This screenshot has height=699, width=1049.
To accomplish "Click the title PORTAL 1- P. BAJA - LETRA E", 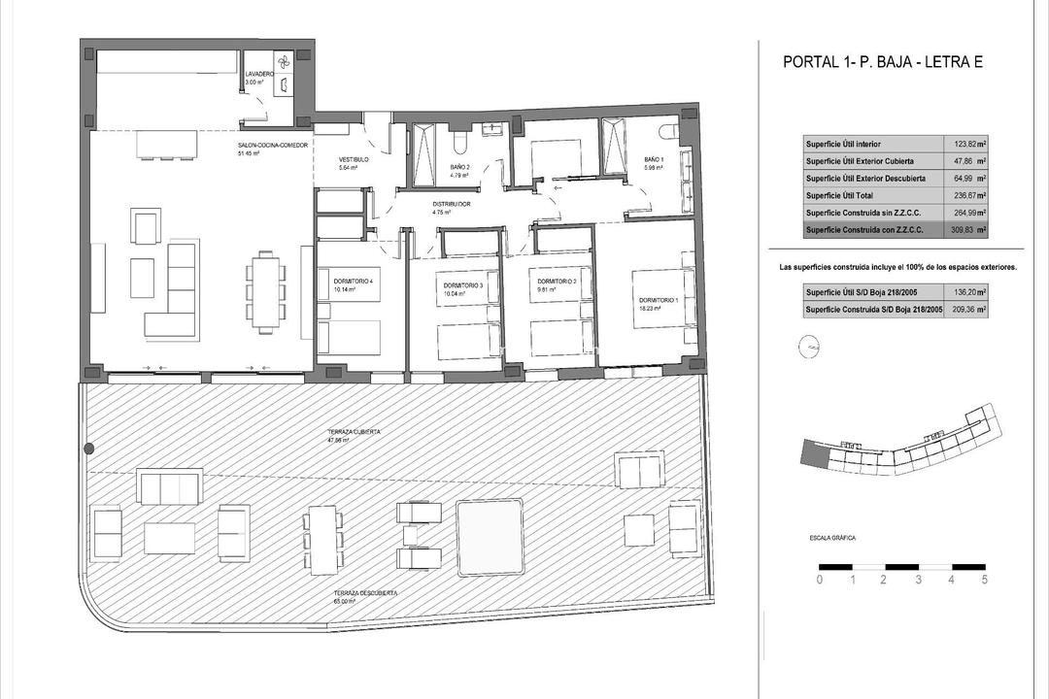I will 883,63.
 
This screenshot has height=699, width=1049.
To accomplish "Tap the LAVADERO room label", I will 259,74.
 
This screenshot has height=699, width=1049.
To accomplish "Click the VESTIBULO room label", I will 352,159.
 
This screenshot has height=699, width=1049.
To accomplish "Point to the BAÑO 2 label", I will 460,167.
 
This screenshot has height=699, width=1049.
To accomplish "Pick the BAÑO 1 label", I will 655,159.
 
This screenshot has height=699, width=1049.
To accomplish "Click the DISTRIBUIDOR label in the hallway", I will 452,204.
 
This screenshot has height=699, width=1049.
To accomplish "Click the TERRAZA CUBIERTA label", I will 354,431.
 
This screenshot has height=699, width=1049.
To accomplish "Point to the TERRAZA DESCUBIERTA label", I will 366,592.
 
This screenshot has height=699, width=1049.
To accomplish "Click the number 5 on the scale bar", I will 985,581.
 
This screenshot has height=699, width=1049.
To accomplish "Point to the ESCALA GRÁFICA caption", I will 833,538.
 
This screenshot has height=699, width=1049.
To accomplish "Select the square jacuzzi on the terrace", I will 491,532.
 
